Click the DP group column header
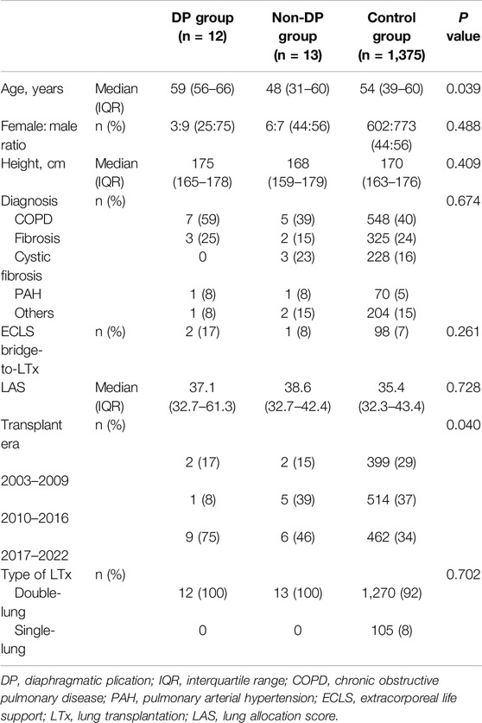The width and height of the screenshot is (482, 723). point(202,27)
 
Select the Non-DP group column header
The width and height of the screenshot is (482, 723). point(297,36)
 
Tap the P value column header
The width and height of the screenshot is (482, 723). point(463,27)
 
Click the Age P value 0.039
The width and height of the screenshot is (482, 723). point(463,88)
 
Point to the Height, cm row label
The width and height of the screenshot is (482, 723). point(33,163)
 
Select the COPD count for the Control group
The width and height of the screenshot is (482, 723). point(391,219)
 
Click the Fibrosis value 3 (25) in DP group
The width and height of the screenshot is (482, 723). point(202,238)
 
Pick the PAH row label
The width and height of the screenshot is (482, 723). point(29,295)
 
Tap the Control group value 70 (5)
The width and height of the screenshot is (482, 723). point(391,295)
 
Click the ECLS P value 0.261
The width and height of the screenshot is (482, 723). point(463,332)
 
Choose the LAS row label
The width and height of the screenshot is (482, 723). point(13,387)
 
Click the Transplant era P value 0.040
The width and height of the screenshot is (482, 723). point(463,425)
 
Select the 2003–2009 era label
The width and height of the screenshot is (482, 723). point(35,481)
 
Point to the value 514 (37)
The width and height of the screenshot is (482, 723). point(391,500)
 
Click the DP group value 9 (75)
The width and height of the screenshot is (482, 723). point(202,537)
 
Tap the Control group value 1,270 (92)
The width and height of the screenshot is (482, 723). point(391,593)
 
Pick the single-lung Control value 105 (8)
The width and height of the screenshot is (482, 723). point(391,631)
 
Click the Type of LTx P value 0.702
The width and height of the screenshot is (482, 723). point(463,574)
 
